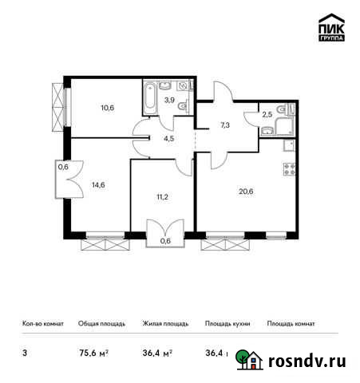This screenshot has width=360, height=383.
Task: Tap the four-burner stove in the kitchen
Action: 287,168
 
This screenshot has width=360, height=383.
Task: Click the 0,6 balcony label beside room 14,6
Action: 62,167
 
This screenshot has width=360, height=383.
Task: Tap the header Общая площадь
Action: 101,324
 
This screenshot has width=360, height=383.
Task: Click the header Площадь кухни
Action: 227,324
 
